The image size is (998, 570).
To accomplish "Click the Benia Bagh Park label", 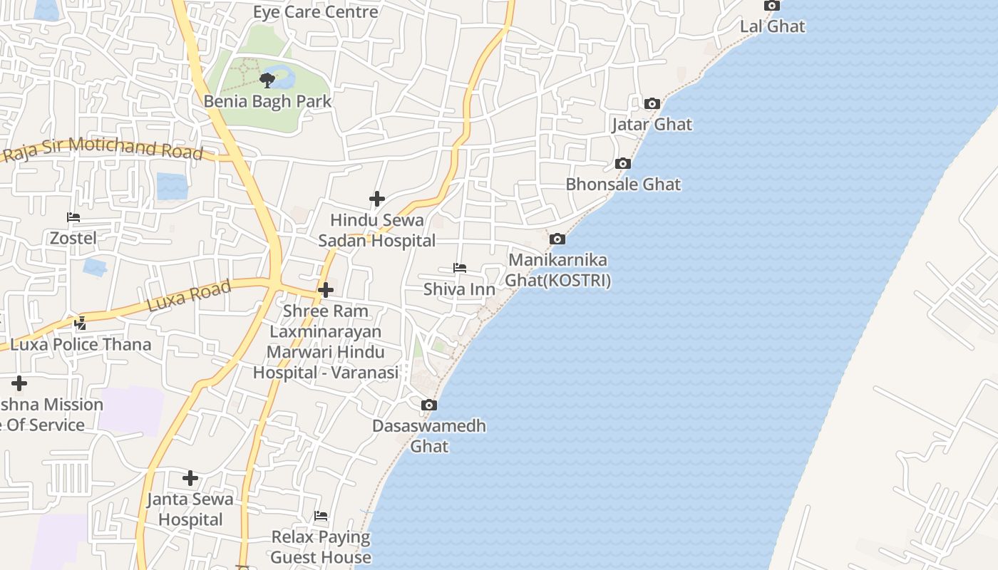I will (267, 101).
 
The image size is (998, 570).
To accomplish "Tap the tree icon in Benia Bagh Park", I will (267, 79).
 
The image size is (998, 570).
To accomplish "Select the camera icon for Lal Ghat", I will (771, 6).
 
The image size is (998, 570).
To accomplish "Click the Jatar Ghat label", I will (652, 124).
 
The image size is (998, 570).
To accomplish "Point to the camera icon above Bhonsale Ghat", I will (622, 164).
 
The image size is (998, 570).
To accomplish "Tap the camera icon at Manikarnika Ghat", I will (557, 239).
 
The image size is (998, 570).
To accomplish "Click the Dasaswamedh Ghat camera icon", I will (428, 405).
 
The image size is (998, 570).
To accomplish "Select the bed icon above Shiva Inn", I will (460, 269).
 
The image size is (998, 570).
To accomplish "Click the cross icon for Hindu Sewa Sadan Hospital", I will (376, 199).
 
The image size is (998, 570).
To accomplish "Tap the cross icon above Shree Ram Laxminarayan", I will (326, 290).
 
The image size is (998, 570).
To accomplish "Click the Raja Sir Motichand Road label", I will (103, 150).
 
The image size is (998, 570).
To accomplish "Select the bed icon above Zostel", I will (73, 217).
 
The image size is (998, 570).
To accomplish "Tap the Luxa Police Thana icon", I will (80, 323).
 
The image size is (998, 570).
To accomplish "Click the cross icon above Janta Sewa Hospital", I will (190, 477).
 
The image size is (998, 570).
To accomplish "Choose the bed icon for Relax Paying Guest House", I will (321, 516).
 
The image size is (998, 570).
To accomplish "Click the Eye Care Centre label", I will (315, 12).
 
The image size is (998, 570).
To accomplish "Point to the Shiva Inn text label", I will (459, 289).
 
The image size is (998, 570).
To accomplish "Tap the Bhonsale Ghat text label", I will (623, 185).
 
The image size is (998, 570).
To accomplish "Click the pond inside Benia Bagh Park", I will (282, 75).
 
